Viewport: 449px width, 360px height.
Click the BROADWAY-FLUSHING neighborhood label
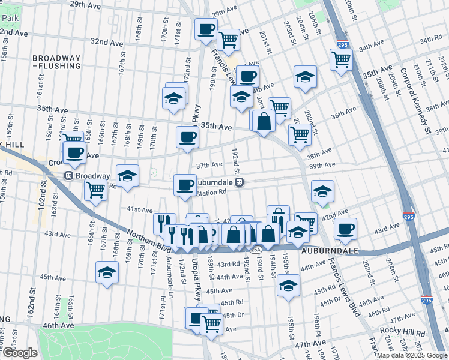56,62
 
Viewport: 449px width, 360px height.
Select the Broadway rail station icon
70,176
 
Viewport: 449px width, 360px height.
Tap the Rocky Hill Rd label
403,332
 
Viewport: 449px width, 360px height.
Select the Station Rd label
212,193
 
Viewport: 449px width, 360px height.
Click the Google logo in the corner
20,353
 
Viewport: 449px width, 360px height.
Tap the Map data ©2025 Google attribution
412,355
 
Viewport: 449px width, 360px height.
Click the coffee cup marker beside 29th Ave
206,28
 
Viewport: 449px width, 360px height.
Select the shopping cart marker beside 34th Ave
341,59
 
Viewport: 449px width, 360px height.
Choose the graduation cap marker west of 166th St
107,271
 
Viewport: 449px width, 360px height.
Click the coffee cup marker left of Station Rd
185,184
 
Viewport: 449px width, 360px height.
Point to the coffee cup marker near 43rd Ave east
345,228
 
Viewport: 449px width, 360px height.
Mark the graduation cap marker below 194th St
288,286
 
